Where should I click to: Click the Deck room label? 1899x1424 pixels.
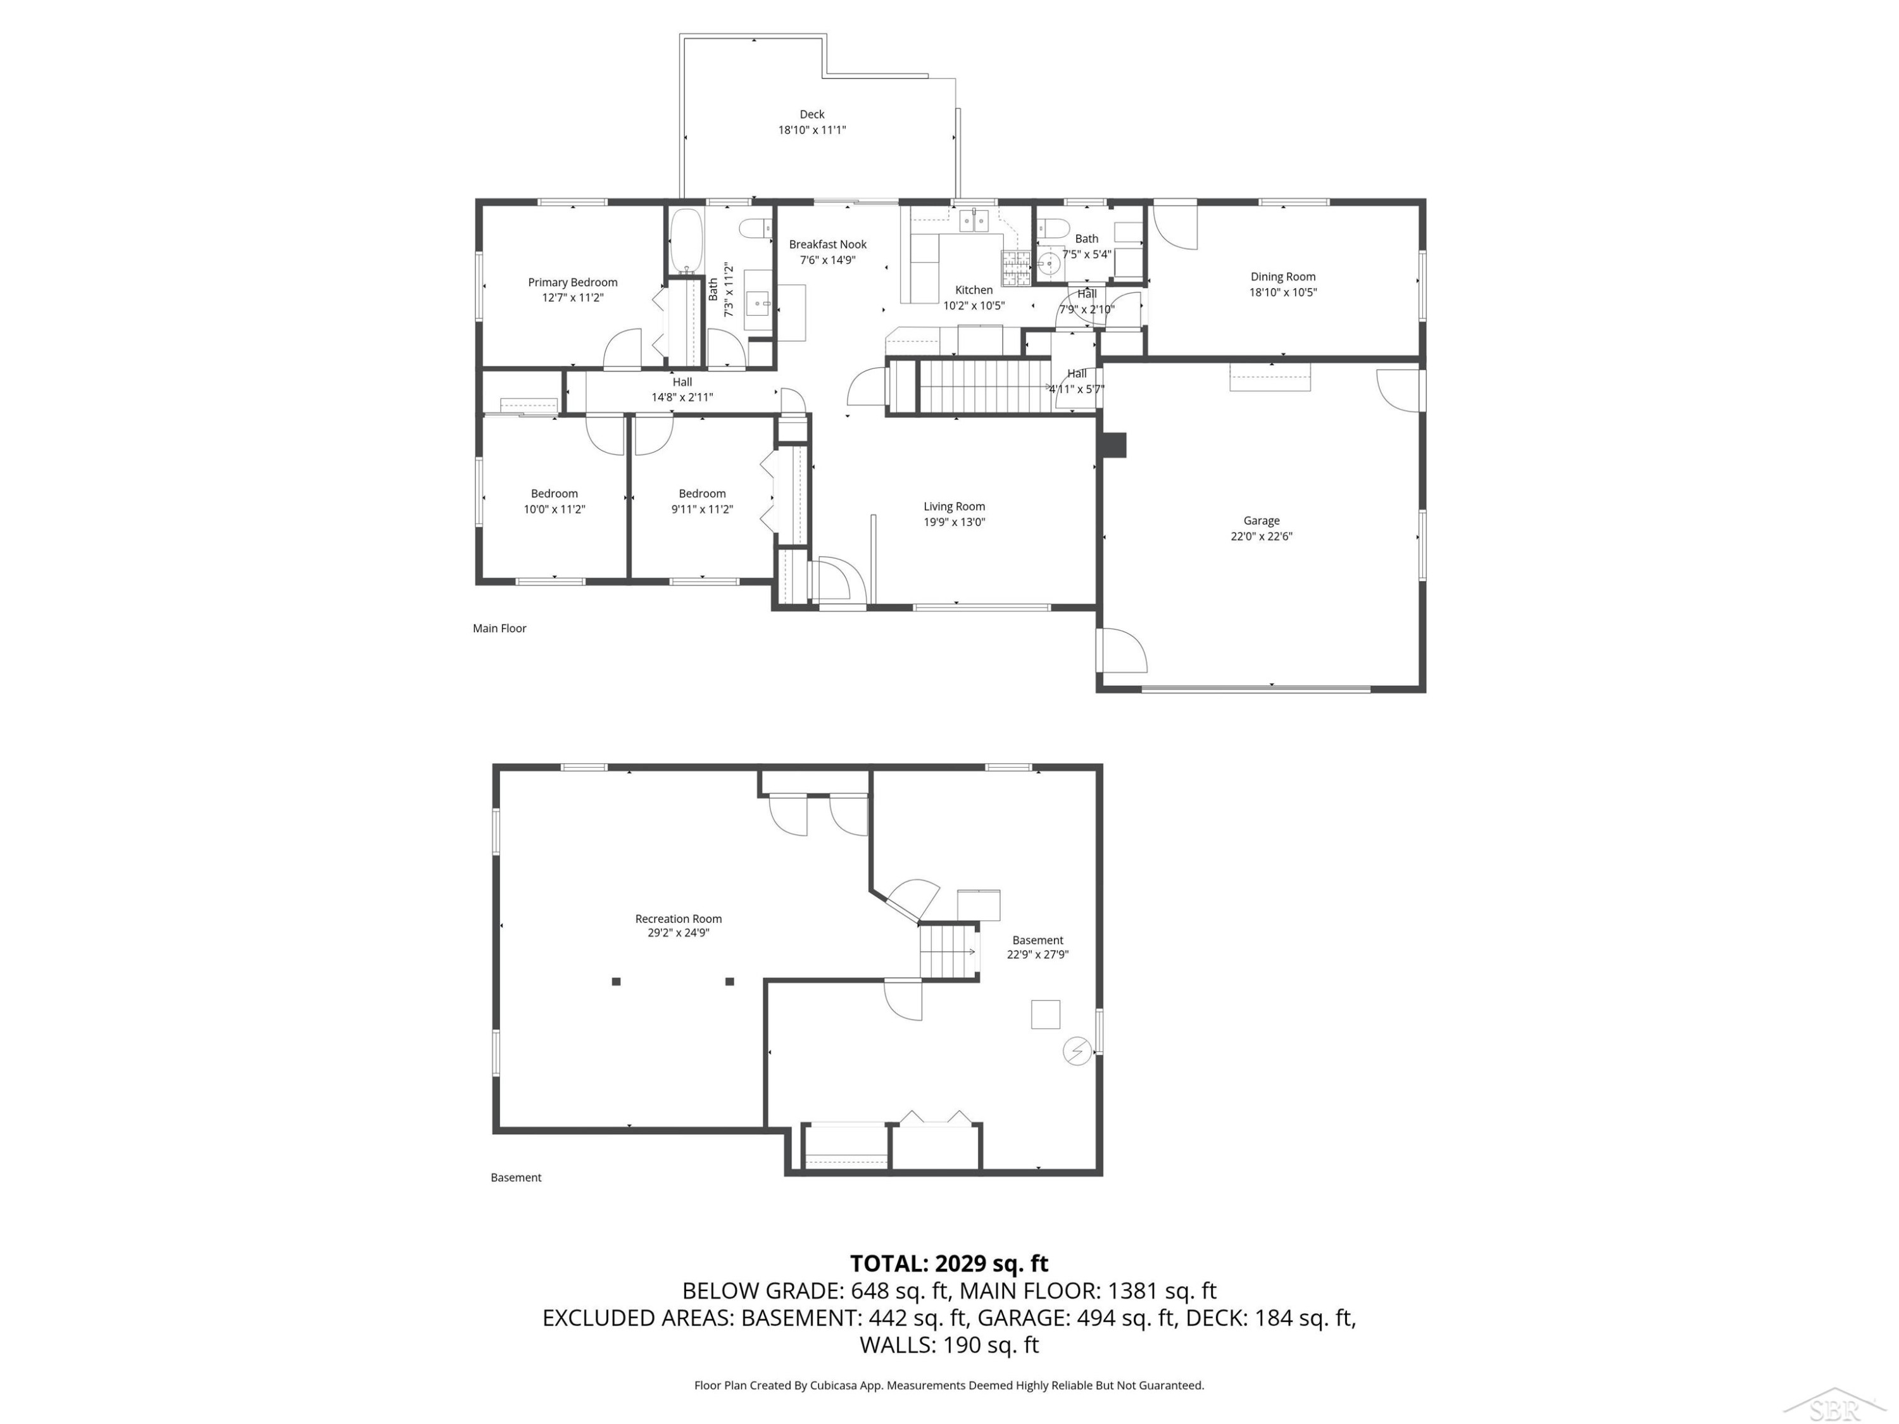812,114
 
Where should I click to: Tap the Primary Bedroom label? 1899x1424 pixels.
573,282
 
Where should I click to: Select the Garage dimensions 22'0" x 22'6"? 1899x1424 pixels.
1261,537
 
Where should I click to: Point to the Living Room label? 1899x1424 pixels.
954,506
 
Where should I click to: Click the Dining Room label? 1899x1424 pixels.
1282,277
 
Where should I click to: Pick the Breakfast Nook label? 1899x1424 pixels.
827,245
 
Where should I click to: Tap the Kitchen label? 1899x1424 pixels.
974,290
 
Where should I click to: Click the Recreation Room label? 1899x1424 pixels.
678,918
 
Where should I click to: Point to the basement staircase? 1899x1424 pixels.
949,951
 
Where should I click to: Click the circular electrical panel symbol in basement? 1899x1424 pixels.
1077,1051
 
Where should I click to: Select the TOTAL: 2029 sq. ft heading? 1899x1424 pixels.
949,1263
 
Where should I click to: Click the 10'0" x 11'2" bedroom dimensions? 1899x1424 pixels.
555,509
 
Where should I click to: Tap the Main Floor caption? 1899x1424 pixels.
499,628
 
